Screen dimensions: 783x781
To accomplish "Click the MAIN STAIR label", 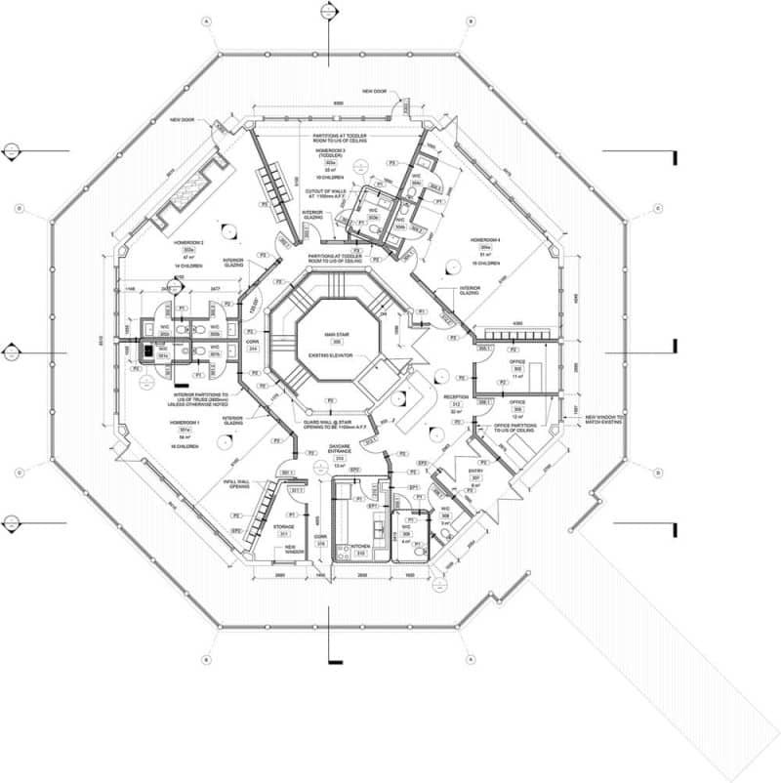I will point(337,335).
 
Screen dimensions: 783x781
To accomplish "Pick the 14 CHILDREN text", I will point(186,266).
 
